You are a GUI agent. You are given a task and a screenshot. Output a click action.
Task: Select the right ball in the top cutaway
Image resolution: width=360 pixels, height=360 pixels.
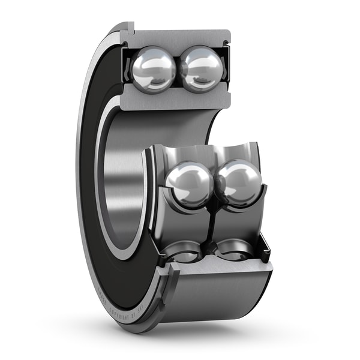[202, 68]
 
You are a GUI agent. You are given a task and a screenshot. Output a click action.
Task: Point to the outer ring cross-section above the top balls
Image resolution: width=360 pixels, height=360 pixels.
[180, 38]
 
